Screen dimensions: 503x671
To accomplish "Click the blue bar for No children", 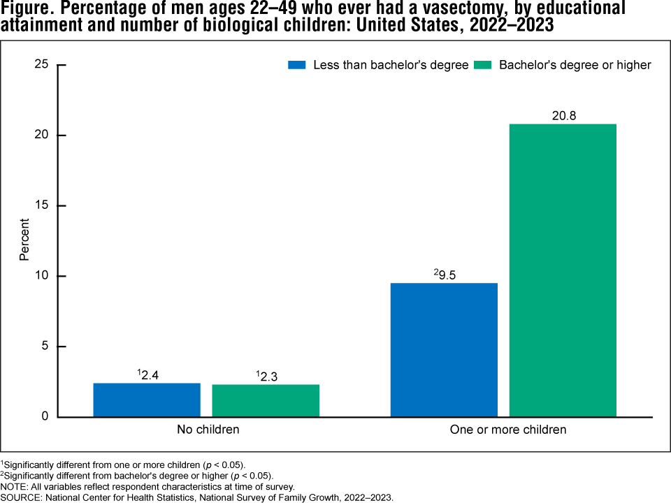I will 147,400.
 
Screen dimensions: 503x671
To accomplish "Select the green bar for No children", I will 266,400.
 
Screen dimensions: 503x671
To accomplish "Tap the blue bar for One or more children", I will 444,349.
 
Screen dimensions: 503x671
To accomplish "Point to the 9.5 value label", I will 445,275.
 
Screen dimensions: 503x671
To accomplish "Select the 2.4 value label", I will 148,374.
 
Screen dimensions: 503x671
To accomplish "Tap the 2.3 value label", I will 267,376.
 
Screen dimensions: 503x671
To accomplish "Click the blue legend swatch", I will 298,65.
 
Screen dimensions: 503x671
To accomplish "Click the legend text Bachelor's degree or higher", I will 575,65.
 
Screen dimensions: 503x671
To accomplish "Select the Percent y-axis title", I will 24,240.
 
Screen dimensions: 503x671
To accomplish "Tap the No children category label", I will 208,430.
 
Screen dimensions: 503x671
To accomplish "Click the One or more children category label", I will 507,430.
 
